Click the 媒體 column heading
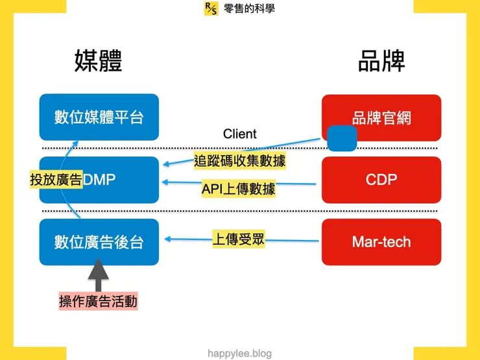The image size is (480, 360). pyautogui.click(x=98, y=62)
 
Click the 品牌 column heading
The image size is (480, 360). pyautogui.click(x=381, y=62)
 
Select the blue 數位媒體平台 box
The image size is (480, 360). pyautogui.click(x=99, y=117)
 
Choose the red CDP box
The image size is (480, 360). pyautogui.click(x=381, y=179)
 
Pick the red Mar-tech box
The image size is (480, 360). pyautogui.click(x=381, y=241)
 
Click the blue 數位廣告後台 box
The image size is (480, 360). pyautogui.click(x=99, y=241)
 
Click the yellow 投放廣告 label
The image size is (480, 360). pyautogui.click(x=56, y=180)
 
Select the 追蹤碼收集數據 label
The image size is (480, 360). pyautogui.click(x=240, y=160)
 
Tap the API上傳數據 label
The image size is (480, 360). pyautogui.click(x=238, y=189)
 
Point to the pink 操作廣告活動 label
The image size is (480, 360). pyautogui.click(x=98, y=302)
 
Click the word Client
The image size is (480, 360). pyautogui.click(x=239, y=134)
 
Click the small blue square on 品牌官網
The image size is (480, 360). pyautogui.click(x=342, y=138)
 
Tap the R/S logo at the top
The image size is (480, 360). pyautogui.click(x=211, y=8)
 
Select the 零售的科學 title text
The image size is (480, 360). pyautogui.click(x=249, y=8)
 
